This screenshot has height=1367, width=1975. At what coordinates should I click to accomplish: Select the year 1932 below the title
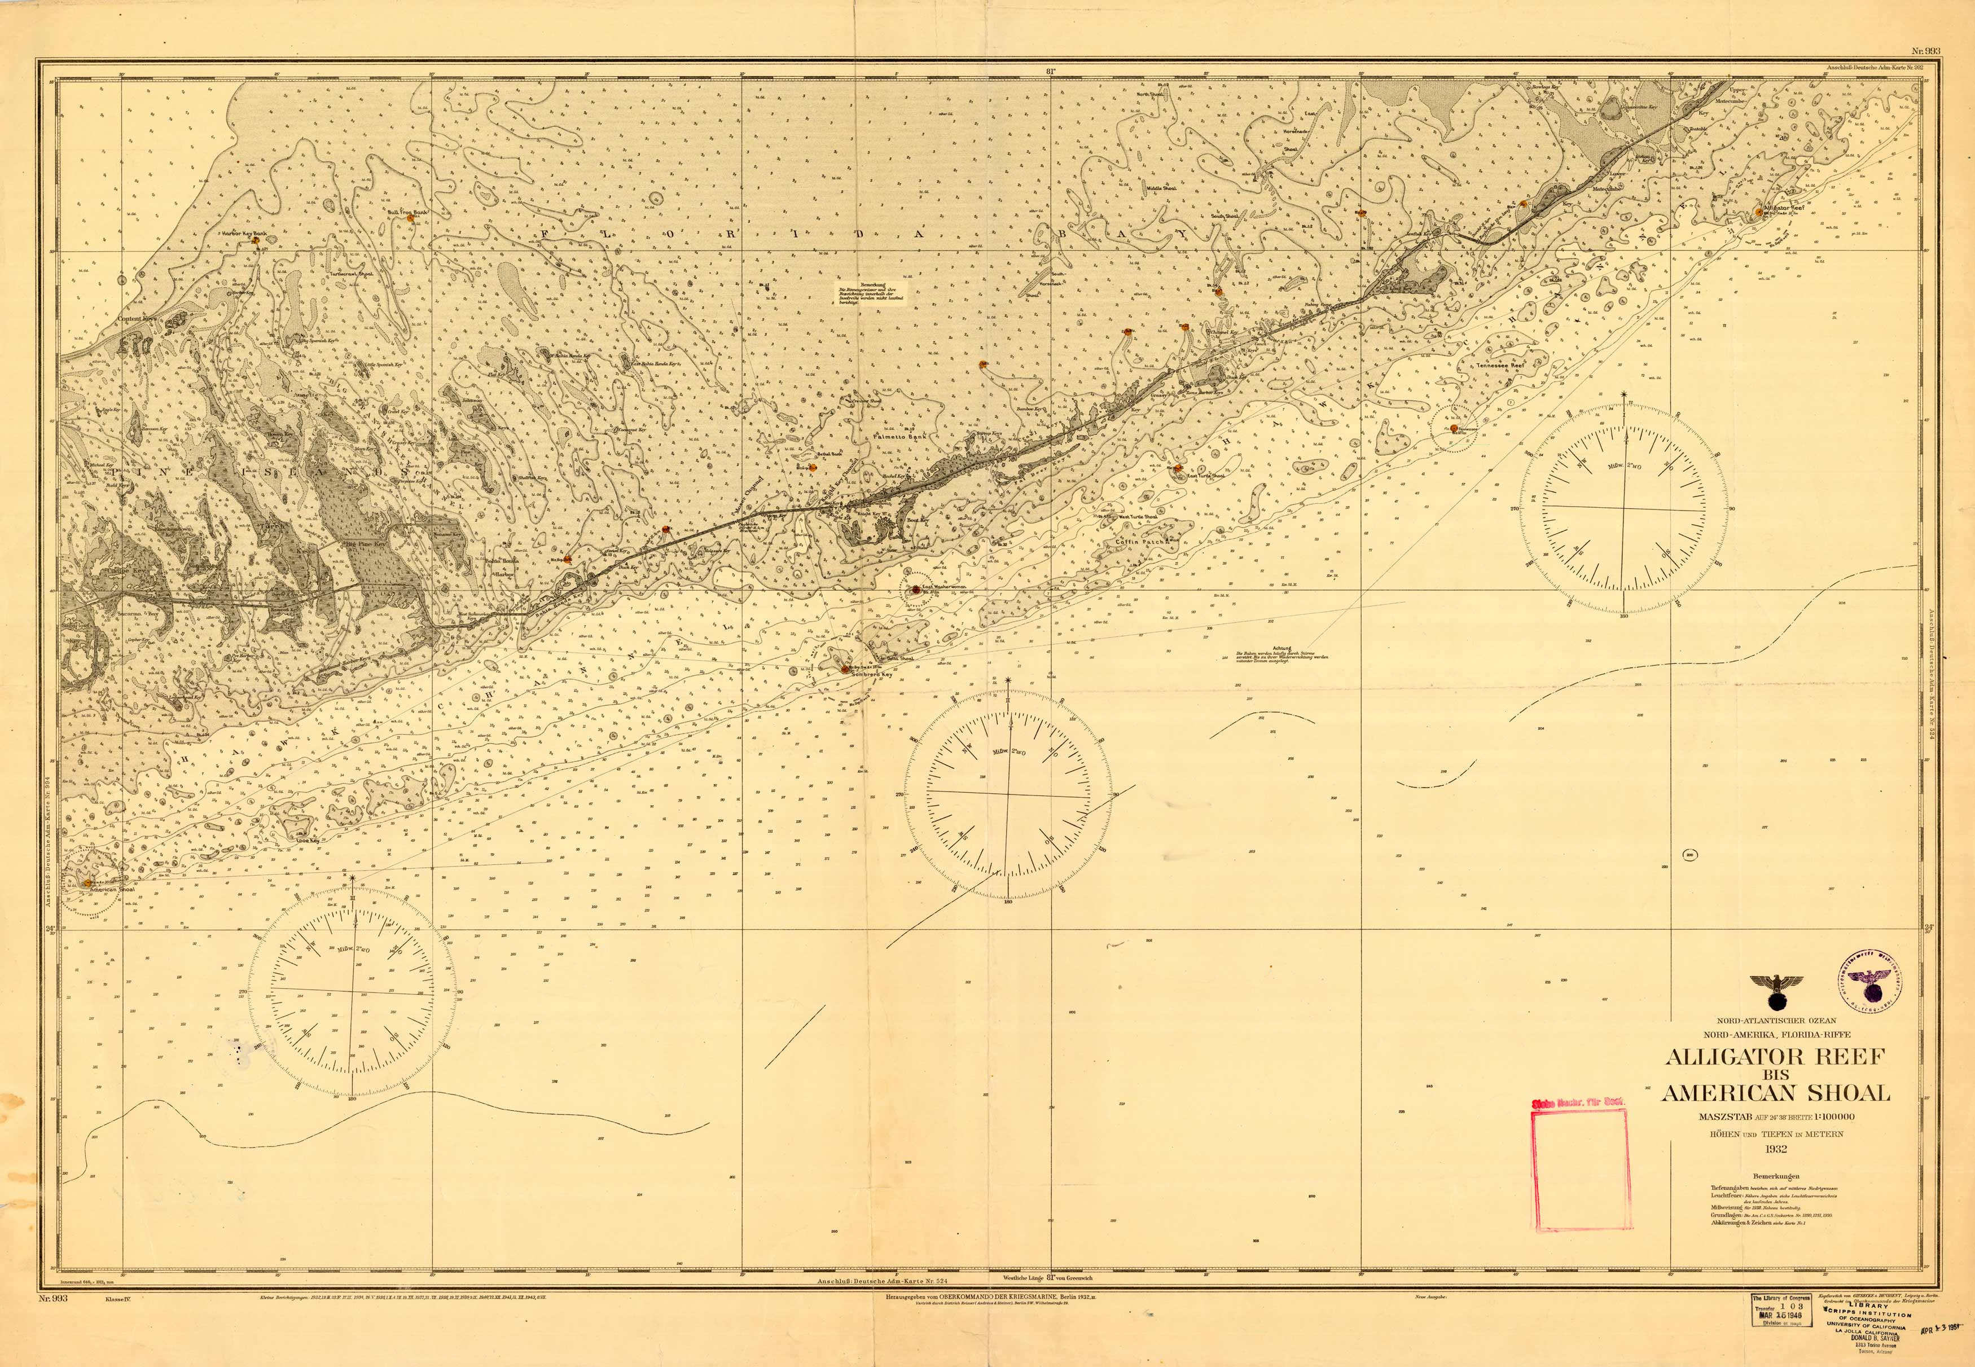pyautogui.click(x=1775, y=1149)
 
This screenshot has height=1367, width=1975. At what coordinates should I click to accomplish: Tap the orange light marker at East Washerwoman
pyautogui.click(x=916, y=590)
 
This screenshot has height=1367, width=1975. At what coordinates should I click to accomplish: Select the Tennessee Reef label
pyautogui.click(x=1500, y=366)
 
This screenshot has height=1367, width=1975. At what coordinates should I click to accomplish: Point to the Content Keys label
pyautogui.click(x=139, y=319)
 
